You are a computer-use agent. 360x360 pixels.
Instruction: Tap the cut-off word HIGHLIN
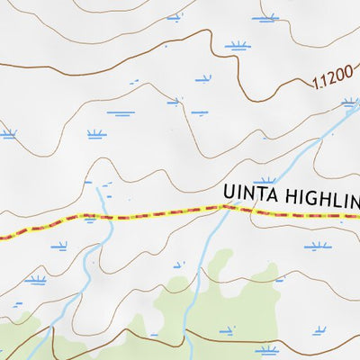(324, 196)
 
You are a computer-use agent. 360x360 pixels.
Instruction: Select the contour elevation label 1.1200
(334, 79)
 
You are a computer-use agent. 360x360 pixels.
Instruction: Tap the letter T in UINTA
(261, 193)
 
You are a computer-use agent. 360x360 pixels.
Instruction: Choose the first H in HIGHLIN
(292, 196)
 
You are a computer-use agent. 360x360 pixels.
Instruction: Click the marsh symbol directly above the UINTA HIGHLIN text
(264, 181)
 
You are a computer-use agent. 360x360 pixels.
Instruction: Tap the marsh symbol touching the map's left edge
(8, 135)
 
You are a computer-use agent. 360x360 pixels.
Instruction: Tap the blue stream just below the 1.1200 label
(337, 117)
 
